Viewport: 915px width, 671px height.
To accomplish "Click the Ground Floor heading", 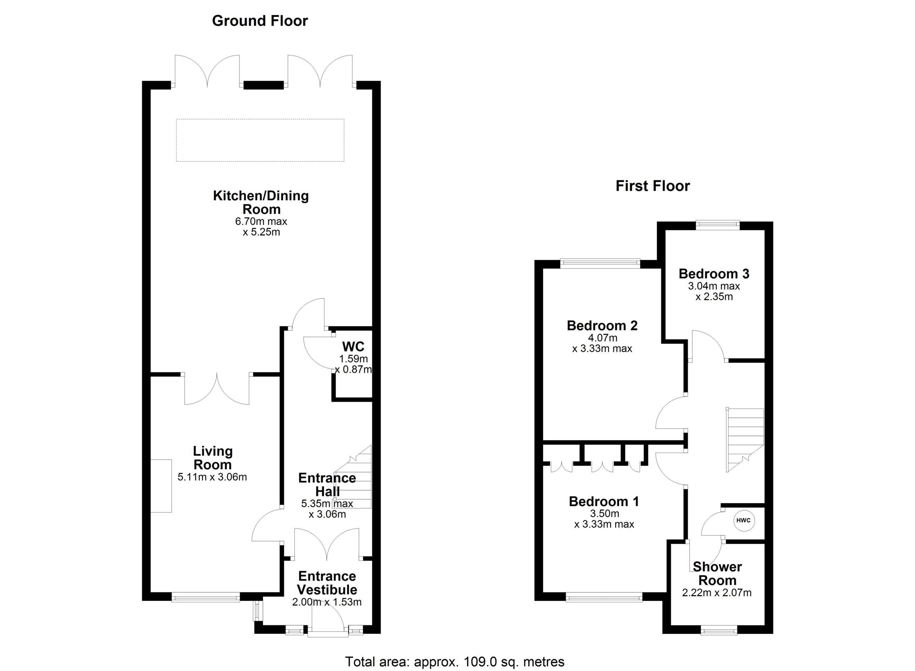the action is [x=260, y=21].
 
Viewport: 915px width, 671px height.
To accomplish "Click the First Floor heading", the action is [x=653, y=186].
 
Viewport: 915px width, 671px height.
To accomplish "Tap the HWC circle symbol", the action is [x=743, y=520].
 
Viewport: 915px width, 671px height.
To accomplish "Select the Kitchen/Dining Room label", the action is [x=261, y=202].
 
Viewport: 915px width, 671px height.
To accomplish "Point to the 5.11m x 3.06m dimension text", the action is [x=212, y=477].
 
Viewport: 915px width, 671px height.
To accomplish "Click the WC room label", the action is [x=353, y=346].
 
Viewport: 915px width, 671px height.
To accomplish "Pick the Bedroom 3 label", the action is [x=714, y=274].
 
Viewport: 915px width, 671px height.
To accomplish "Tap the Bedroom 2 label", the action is [x=602, y=325].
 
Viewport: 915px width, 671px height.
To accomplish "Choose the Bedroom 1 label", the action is [x=604, y=501].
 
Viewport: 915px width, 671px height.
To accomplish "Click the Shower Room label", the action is [x=717, y=573].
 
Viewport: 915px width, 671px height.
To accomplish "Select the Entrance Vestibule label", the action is [x=327, y=583].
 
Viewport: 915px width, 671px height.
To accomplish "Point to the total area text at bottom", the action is [x=455, y=662].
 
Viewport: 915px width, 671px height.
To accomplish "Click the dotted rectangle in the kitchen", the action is [x=260, y=140].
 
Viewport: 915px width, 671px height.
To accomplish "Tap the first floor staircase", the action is [x=745, y=440].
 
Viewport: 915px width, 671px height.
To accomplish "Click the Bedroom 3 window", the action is [x=718, y=225].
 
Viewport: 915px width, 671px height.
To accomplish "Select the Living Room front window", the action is [x=206, y=597].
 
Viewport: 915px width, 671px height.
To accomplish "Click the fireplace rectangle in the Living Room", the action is [x=161, y=486].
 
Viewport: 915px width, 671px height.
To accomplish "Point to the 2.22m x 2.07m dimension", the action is [x=717, y=593].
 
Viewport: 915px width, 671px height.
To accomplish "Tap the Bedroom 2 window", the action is [x=600, y=263].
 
